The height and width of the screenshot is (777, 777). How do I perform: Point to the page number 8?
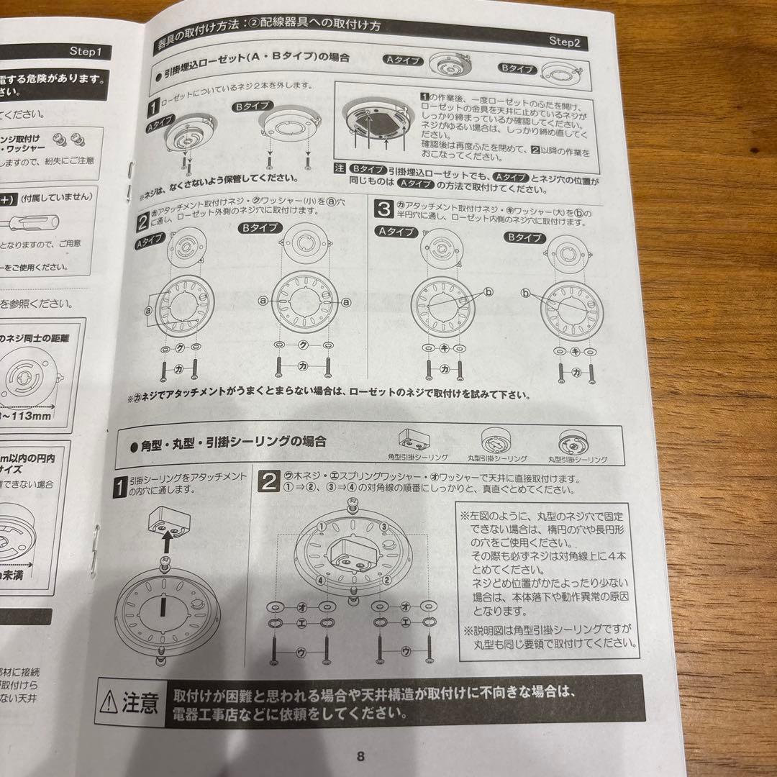pos(361,755)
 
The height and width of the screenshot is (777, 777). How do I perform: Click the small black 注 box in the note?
pos(340,168)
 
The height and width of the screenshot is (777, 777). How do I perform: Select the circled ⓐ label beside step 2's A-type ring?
pos(148,311)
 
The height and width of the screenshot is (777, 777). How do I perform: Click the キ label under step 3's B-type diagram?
pos(575,351)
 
